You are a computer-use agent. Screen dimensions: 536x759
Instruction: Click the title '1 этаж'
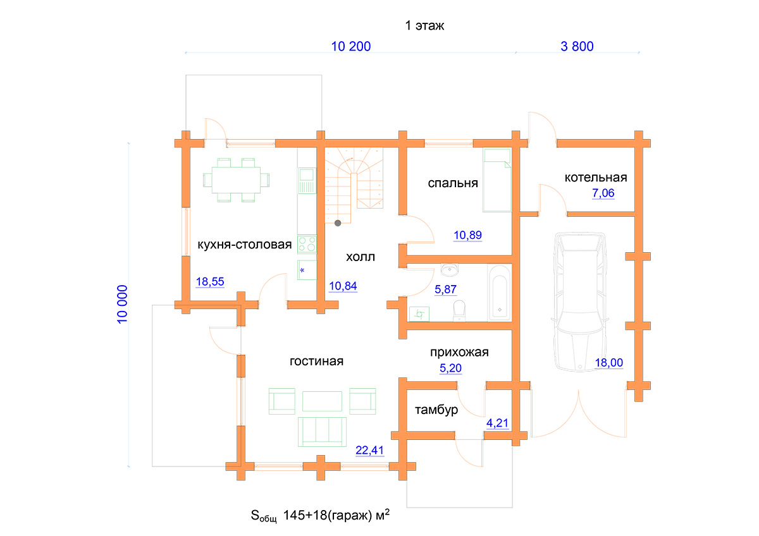coord(426,26)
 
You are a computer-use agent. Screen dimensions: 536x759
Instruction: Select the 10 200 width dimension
coord(350,46)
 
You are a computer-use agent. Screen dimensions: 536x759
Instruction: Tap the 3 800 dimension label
coord(576,46)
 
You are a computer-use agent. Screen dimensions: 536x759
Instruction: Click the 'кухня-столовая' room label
coord(244,245)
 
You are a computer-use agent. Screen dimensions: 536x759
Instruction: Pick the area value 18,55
coord(210,282)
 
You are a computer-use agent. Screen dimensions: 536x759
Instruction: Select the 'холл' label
coord(361,257)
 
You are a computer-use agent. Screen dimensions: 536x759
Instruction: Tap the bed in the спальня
coord(497,180)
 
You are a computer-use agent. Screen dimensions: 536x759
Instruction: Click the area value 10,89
coord(468,236)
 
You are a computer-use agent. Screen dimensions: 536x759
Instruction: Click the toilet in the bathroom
coord(460,309)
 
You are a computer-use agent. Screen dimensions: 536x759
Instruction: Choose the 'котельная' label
coord(595,177)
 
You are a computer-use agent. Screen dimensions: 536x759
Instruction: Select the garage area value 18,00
coord(609,362)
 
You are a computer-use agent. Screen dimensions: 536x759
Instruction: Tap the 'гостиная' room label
coord(316,361)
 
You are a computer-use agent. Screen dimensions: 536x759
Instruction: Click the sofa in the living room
coord(323,430)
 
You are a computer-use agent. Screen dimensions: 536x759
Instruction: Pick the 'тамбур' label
coord(436,410)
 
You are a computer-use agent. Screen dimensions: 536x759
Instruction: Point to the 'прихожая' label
coord(459,352)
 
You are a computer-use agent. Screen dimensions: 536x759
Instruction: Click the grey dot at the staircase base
coord(338,222)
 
